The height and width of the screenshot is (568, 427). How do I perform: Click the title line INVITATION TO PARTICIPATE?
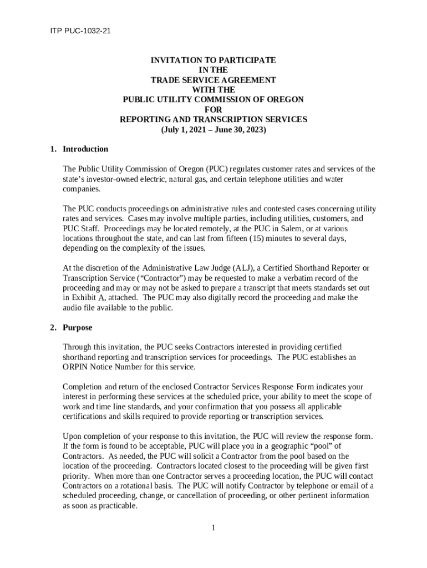pos(213,60)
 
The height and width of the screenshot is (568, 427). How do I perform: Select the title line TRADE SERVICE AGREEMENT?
pos(213,80)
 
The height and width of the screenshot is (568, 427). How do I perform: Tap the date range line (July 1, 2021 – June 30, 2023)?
pos(213,130)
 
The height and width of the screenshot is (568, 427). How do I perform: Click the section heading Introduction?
pos(85,149)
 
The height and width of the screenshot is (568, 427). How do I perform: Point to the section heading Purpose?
pos(78,328)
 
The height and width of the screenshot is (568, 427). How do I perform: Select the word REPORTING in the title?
pos(145,120)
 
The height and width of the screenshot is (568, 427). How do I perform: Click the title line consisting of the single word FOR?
pos(213,110)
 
